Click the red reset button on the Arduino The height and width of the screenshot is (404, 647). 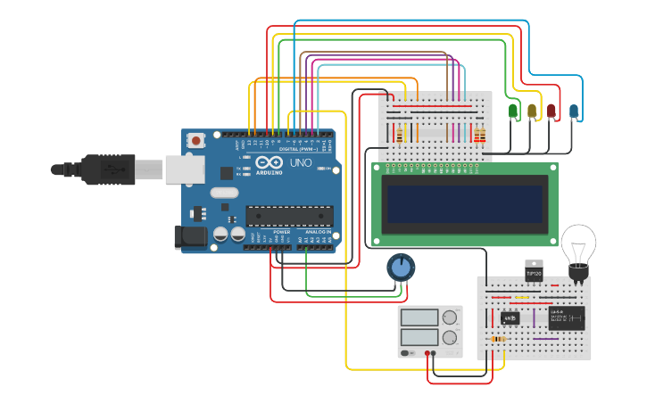pos(195,140)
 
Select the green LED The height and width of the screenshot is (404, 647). pos(513,111)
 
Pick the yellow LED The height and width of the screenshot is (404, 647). pos(533,111)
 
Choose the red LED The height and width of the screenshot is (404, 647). pos(552,111)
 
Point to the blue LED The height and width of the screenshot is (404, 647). pos(574,111)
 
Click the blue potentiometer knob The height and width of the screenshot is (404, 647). pos(401,266)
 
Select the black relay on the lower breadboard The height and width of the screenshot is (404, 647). pos(567,317)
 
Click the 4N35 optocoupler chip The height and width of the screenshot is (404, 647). pos(510,317)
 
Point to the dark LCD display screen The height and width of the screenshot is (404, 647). pos(463,203)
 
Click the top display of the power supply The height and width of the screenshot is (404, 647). pos(419,317)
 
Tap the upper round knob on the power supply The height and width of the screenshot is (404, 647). pos(450,317)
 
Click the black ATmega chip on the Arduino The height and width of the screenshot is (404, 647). pos(289,216)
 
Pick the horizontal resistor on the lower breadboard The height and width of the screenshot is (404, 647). pos(500,339)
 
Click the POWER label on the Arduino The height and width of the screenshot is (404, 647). pos(282,231)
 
